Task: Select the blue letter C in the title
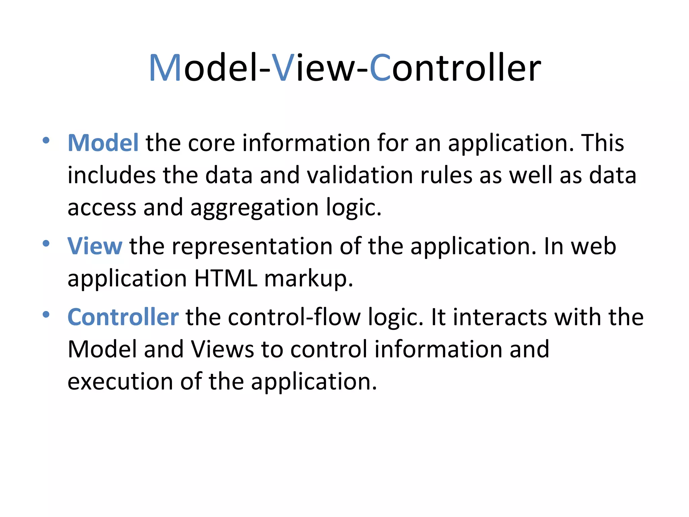pos(380,68)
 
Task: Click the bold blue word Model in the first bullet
pos(103,143)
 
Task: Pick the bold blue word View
pos(95,246)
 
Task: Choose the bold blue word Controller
pos(123,317)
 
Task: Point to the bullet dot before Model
pos(46,140)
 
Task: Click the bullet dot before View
pos(46,243)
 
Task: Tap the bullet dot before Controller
pos(46,315)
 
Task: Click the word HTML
pos(226,279)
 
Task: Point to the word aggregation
pos(254,208)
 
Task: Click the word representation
pos(252,246)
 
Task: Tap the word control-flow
pos(294,317)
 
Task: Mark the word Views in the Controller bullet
pos(222,349)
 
